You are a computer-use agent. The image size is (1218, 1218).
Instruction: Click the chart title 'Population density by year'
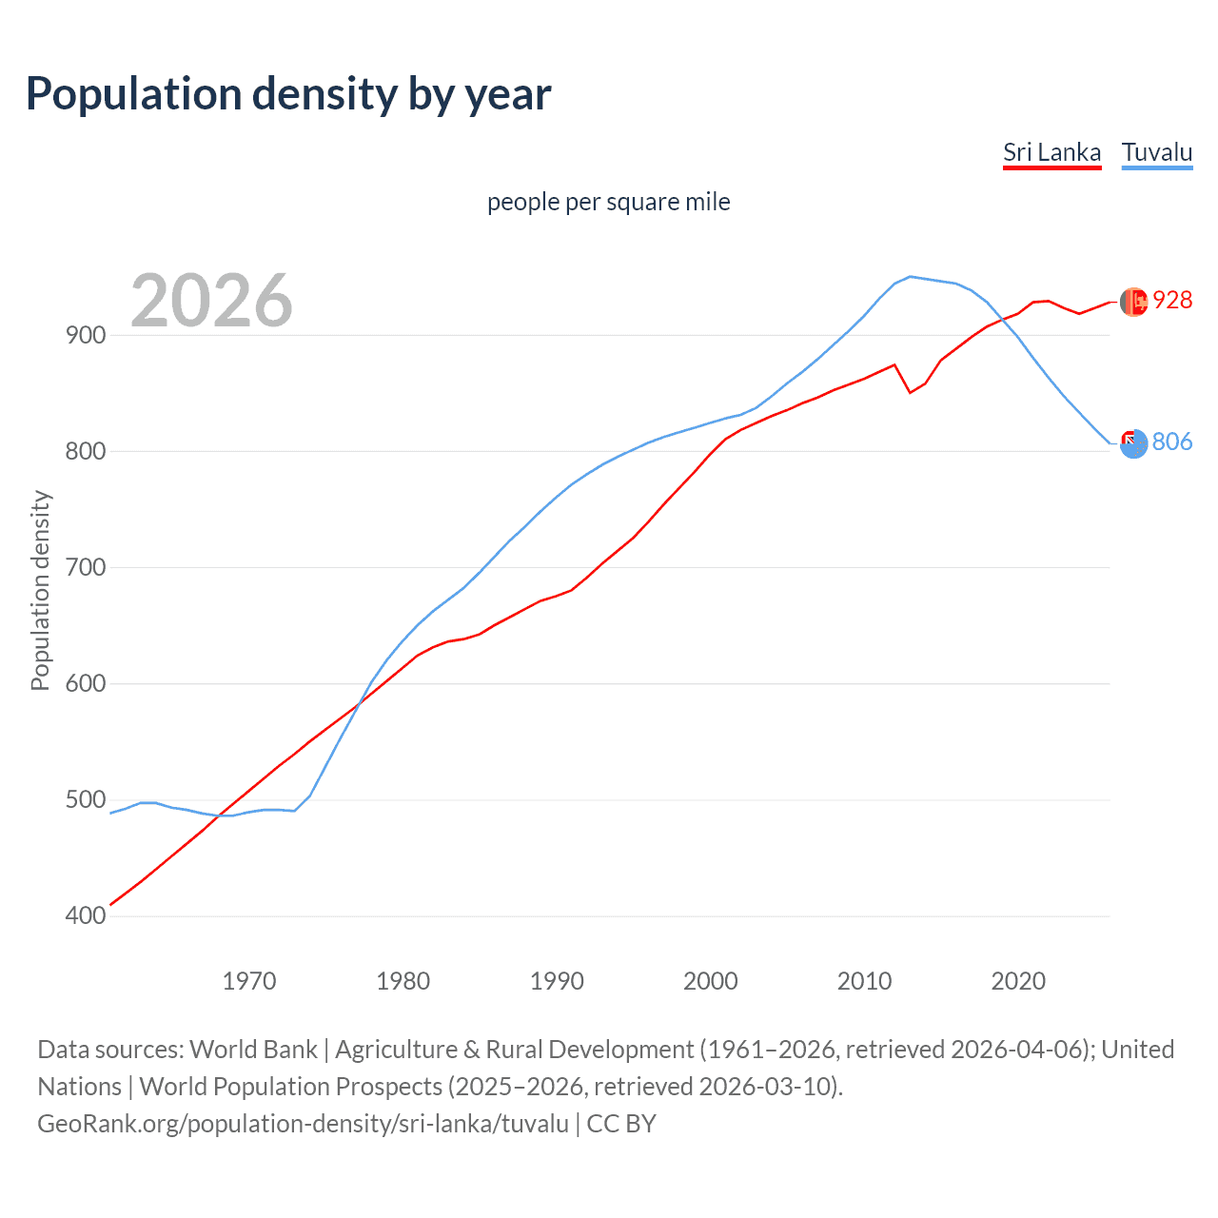click(x=288, y=93)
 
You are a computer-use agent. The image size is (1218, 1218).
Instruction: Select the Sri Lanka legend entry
click(x=1051, y=152)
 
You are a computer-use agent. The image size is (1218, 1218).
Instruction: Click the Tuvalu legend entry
click(x=1156, y=152)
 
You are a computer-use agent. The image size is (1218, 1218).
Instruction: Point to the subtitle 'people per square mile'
click(x=608, y=202)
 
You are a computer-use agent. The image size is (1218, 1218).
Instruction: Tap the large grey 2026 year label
click(x=211, y=301)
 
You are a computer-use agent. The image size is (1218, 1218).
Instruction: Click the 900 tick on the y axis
click(x=86, y=335)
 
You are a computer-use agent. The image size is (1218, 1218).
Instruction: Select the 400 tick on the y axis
click(x=86, y=915)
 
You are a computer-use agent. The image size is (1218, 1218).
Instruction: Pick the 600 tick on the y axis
click(x=86, y=683)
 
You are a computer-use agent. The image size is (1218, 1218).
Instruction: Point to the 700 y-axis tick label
click(x=86, y=567)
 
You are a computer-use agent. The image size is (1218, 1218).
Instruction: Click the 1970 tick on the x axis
click(x=249, y=980)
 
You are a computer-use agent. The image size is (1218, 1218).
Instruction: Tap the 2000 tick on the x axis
click(x=711, y=980)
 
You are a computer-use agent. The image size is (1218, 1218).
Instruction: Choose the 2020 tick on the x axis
click(x=1018, y=980)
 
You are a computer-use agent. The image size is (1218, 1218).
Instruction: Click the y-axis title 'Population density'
click(x=40, y=590)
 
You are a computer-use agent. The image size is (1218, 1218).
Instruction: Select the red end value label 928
click(x=1172, y=300)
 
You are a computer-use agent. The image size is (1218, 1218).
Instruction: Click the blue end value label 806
click(x=1172, y=442)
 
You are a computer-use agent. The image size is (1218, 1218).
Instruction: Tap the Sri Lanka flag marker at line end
click(x=1133, y=302)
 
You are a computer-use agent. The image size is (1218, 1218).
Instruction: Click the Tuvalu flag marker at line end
click(x=1133, y=442)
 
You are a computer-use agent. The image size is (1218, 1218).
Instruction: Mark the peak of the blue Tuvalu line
click(x=910, y=276)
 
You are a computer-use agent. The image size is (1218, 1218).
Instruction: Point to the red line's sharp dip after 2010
click(x=910, y=392)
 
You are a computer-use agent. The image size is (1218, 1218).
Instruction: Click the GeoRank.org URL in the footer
click(x=303, y=1123)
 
